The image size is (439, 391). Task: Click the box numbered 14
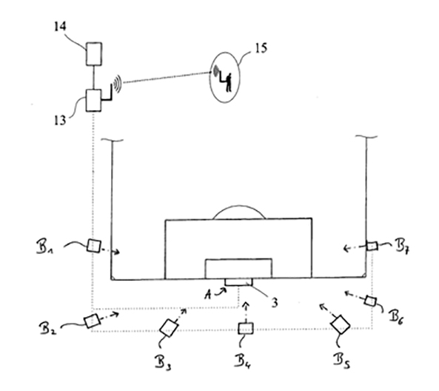pyautogui.click(x=95, y=55)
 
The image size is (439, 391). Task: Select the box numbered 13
pyautogui.click(x=95, y=99)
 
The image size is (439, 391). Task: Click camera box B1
pyautogui.click(x=94, y=247)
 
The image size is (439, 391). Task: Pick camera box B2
pyautogui.click(x=92, y=321)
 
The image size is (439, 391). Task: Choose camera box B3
pyautogui.click(x=170, y=326)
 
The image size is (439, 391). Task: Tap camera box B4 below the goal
pyautogui.click(x=245, y=328)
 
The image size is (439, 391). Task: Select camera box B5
pyautogui.click(x=342, y=324)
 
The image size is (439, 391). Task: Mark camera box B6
pyautogui.click(x=370, y=300)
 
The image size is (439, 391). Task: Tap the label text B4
pyautogui.click(x=247, y=363)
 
